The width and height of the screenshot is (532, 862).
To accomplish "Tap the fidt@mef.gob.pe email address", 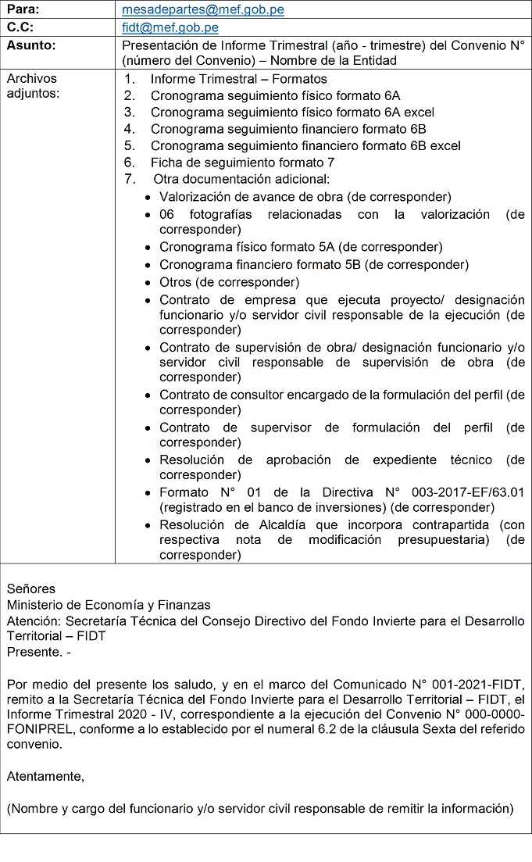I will (x=170, y=28).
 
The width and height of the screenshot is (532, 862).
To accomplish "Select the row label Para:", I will (x=23, y=10).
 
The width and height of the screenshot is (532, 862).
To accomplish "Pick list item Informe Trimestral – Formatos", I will (x=238, y=79).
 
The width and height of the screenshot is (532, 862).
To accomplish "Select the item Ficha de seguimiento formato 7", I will (x=242, y=163).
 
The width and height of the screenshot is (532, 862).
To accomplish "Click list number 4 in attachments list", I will (x=130, y=129).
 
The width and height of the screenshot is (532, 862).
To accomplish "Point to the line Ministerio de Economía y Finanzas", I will (x=109, y=604).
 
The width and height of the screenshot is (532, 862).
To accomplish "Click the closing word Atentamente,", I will (x=45, y=776).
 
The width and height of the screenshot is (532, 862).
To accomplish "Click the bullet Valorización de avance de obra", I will (x=305, y=197).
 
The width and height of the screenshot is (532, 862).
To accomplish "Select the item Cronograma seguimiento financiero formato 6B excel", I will (x=305, y=145).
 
